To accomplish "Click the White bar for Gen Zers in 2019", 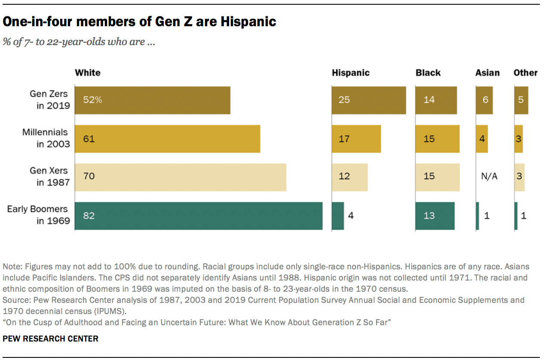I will (x=153, y=100).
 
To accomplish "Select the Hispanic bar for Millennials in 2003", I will (x=356, y=139).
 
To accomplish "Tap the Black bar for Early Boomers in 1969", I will (x=435, y=216).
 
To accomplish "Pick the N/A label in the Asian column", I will (x=489, y=177).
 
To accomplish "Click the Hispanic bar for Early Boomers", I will (x=338, y=216).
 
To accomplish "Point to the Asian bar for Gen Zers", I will (x=484, y=100).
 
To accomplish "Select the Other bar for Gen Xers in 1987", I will (x=519, y=177).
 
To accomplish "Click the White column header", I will (x=88, y=73).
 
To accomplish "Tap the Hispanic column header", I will (x=350, y=73).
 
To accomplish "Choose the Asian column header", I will (x=487, y=73).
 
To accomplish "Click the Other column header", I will (x=525, y=73).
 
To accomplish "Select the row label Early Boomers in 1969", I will (x=38, y=215).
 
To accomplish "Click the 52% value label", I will (x=92, y=100).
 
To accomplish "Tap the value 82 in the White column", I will (x=89, y=216).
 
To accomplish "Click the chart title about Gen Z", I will (x=139, y=21).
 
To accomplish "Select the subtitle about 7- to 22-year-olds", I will (x=79, y=42).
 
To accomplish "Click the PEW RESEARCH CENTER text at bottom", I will (x=51, y=339).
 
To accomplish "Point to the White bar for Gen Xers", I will (x=181, y=177).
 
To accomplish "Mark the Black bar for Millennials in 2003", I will (x=438, y=139).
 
